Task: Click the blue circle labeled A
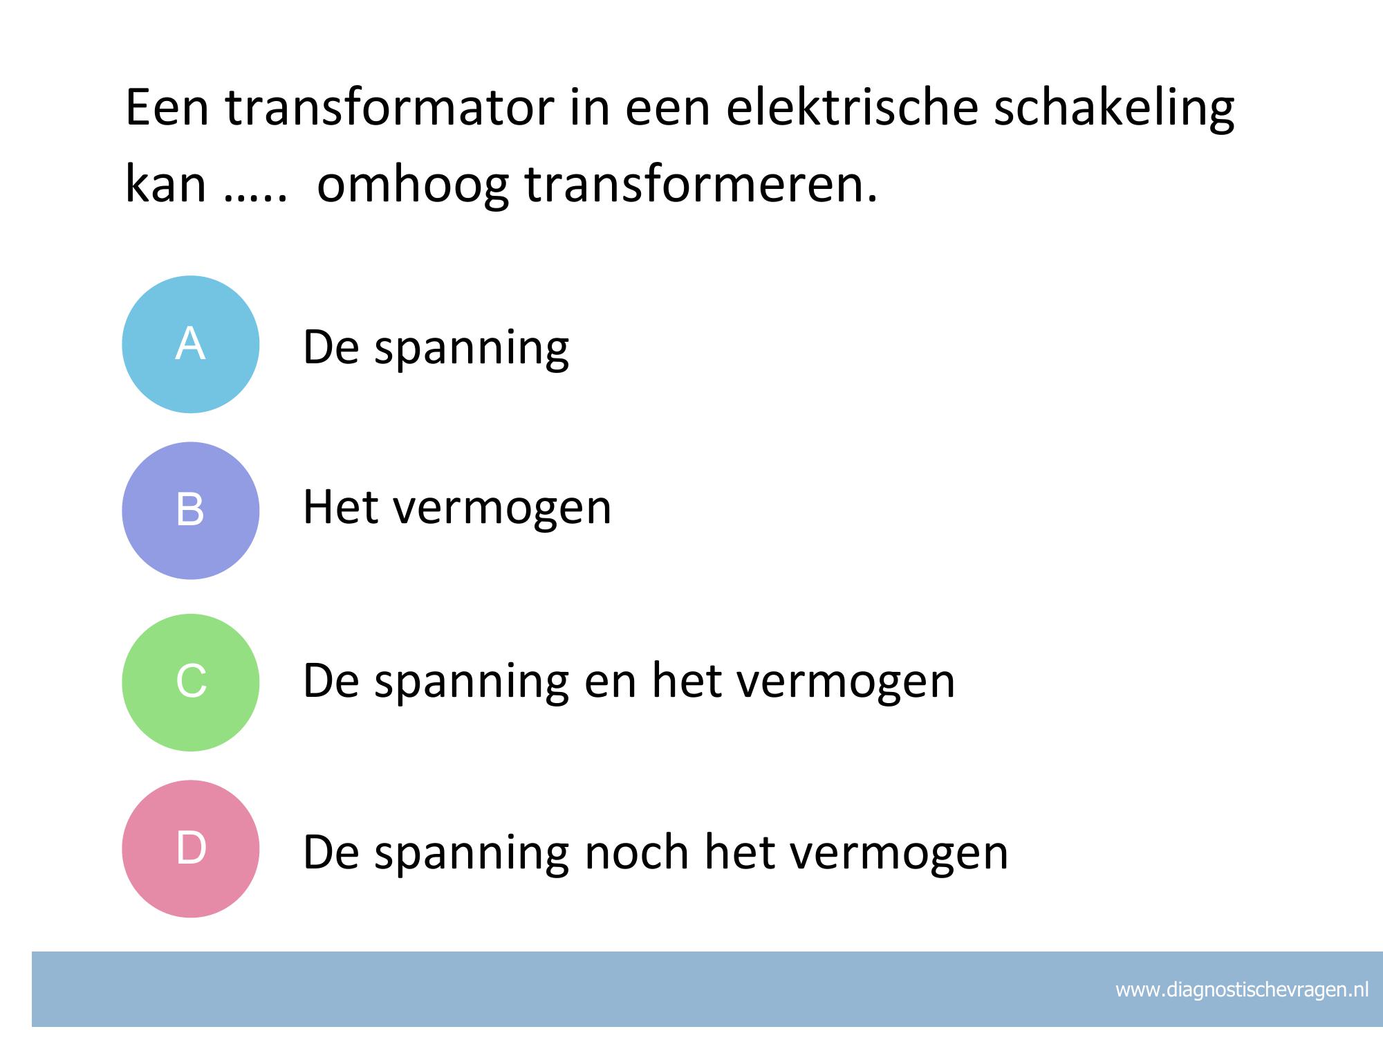[x=191, y=345]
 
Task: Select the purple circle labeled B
[x=191, y=511]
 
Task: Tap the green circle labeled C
[x=191, y=682]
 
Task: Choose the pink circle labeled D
[x=191, y=849]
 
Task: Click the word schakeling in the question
[x=1114, y=111]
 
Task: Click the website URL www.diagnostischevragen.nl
[x=1242, y=990]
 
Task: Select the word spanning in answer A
[x=472, y=350]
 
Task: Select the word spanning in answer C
[x=472, y=684]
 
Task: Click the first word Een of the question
[x=167, y=109]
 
